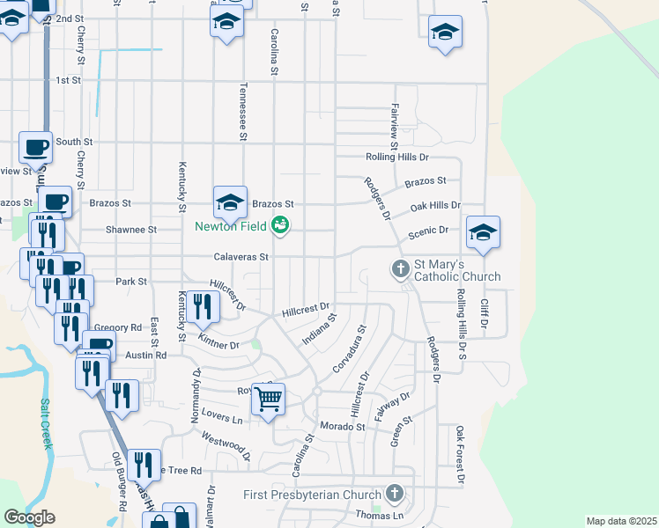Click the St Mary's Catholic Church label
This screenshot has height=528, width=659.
[x=458, y=270]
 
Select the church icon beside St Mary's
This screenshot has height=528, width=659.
[x=400, y=267]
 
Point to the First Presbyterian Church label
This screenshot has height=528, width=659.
[x=314, y=494]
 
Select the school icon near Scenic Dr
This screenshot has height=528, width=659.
[x=483, y=231]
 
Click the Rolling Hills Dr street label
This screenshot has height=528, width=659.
[x=397, y=158]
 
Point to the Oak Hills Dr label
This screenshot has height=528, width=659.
[x=435, y=206]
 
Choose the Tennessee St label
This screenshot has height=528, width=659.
[x=241, y=112]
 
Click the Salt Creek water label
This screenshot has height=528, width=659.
[x=46, y=423]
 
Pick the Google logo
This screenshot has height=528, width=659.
[x=29, y=517]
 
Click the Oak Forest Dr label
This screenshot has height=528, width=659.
[x=459, y=455]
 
